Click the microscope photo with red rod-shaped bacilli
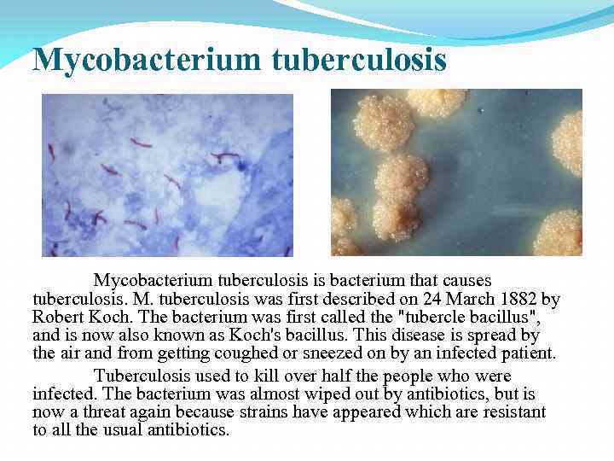pos(167,174)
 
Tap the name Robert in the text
pos(57,318)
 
